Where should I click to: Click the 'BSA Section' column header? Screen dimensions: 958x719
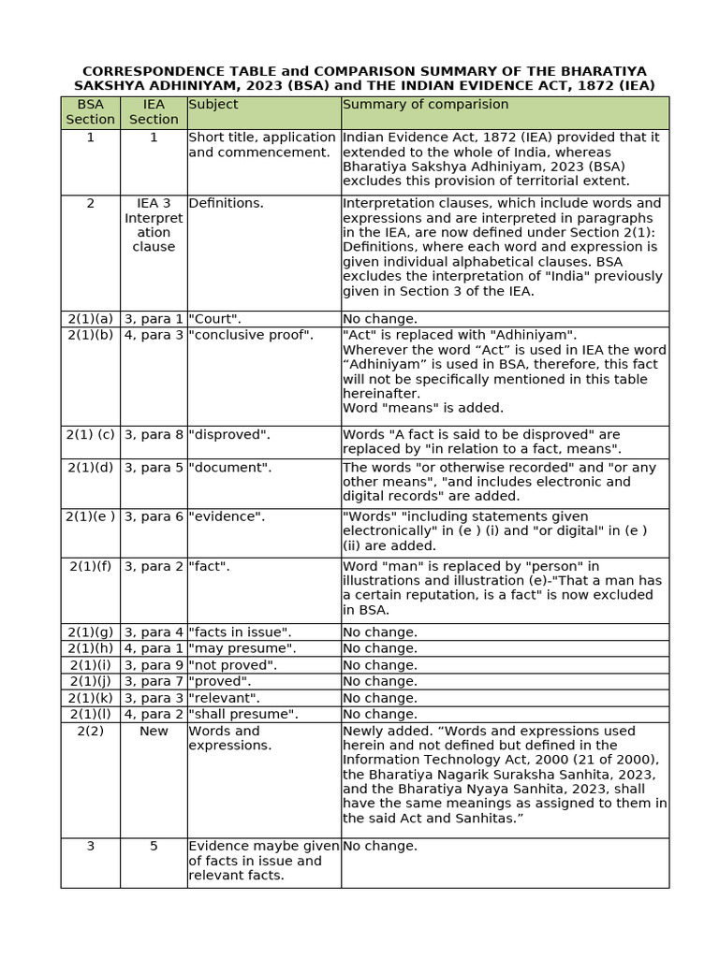pyautogui.click(x=90, y=112)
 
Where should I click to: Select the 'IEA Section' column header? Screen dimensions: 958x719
pyautogui.click(x=154, y=112)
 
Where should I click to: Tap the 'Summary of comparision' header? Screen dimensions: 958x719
pyautogui.click(x=426, y=105)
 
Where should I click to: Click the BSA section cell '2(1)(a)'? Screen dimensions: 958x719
pyautogui.click(x=90, y=319)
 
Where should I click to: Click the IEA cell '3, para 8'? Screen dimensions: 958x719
pyautogui.click(x=154, y=434)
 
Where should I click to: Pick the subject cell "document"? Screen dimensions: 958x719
pyautogui.click(x=230, y=467)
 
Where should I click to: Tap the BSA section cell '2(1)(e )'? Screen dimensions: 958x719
pyautogui.click(x=90, y=516)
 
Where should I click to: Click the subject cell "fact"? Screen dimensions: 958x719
pyautogui.click(x=210, y=566)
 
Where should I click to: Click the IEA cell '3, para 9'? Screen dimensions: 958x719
pyautogui.click(x=154, y=665)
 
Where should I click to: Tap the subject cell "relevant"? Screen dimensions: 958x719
pyautogui.click(x=225, y=698)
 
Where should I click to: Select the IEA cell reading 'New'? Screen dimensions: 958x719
pyautogui.click(x=154, y=731)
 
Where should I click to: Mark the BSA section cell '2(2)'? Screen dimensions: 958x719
pyautogui.click(x=90, y=731)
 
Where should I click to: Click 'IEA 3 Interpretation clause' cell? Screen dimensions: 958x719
pyautogui.click(x=154, y=225)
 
